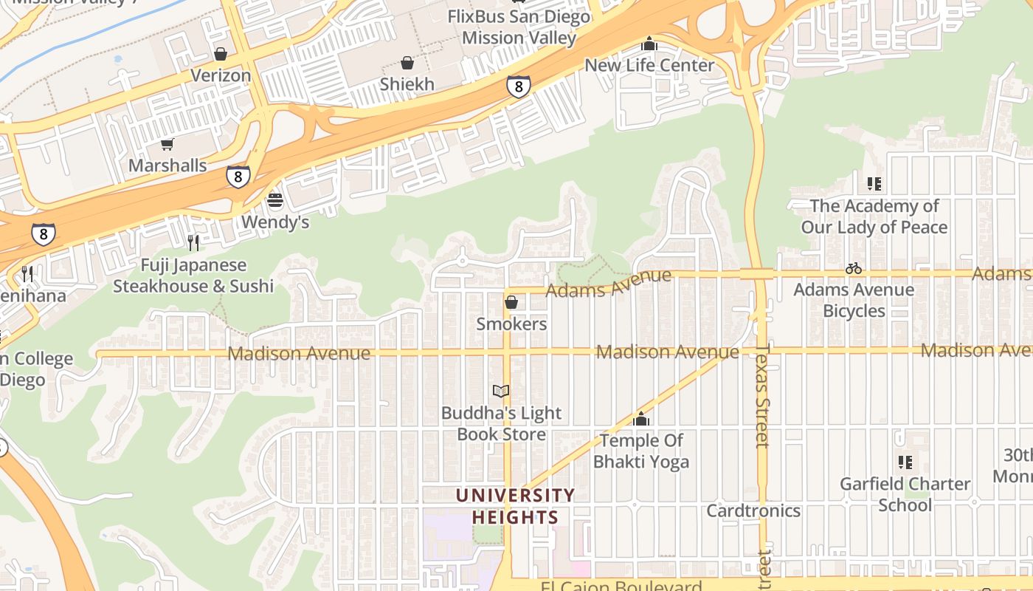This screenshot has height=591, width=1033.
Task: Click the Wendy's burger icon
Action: [x=275, y=200]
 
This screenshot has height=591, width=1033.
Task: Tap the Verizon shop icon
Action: [x=220, y=54]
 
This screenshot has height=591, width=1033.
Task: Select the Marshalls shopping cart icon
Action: [x=167, y=144]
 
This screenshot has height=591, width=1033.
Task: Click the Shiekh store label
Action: [x=407, y=84]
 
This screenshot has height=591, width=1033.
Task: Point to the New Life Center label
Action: [x=649, y=65]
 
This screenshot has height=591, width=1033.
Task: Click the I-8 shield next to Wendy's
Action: [x=238, y=177]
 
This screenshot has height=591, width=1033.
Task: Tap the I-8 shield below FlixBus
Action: [x=519, y=86]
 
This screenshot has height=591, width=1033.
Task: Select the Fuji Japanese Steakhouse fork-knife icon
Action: [x=193, y=242]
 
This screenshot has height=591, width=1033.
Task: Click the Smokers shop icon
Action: [x=511, y=302]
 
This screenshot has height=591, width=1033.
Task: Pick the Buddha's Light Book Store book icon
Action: [x=501, y=391]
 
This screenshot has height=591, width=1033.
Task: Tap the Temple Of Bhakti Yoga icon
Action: [x=641, y=419]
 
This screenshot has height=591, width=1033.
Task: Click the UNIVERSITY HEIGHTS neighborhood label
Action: [x=514, y=506]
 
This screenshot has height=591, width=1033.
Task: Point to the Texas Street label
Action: [x=762, y=395]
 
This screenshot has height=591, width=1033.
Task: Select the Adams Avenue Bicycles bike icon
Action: [x=854, y=268]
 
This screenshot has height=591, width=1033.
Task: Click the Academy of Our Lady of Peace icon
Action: [x=874, y=183]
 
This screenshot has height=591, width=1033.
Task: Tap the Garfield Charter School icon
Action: [x=905, y=462]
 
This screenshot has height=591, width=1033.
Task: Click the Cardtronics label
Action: [x=753, y=510]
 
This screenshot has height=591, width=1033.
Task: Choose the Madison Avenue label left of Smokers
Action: [x=299, y=354]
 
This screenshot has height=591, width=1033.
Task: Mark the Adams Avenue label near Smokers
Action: [x=609, y=284]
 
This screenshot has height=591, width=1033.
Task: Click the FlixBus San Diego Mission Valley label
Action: [x=519, y=27]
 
